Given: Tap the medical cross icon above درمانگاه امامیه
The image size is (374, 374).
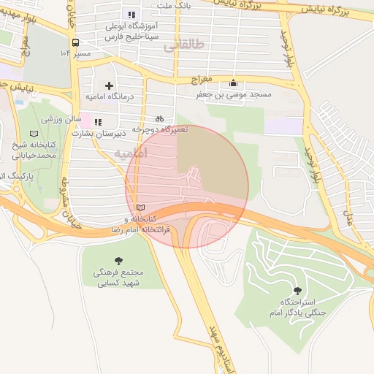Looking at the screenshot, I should click(110, 85).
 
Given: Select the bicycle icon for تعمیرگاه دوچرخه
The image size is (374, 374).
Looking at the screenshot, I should click(159, 118).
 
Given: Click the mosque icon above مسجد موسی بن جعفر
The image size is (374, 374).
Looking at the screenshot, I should click(233, 83).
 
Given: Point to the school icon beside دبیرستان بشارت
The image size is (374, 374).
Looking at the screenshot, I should click(96, 122).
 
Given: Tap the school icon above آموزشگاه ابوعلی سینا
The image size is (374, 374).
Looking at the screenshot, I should click(131, 15).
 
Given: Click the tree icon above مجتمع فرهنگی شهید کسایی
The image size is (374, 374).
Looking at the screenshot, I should click(118, 261).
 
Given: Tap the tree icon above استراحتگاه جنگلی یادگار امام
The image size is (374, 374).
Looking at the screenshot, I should click(296, 291).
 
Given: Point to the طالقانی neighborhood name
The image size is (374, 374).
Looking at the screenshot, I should click(181, 45).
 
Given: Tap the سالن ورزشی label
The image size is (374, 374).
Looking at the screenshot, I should click(60, 118).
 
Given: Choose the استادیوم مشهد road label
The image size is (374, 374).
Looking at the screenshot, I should click(218, 343).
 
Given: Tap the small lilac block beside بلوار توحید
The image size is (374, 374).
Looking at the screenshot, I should click(281, 125).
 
